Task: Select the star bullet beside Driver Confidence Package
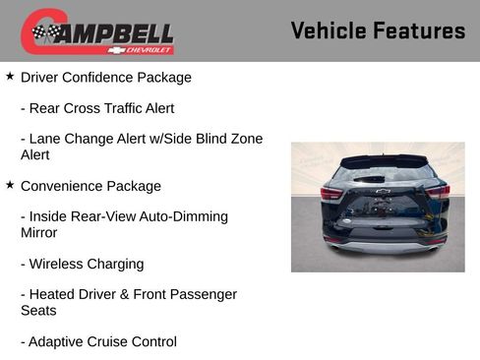pos(10,76)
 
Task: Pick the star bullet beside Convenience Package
pos(10,185)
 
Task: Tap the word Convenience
pos(62,186)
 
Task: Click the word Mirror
pos(39,233)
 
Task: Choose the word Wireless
pos(59,264)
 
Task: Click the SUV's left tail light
pos(333,194)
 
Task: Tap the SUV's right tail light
pos(436,193)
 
